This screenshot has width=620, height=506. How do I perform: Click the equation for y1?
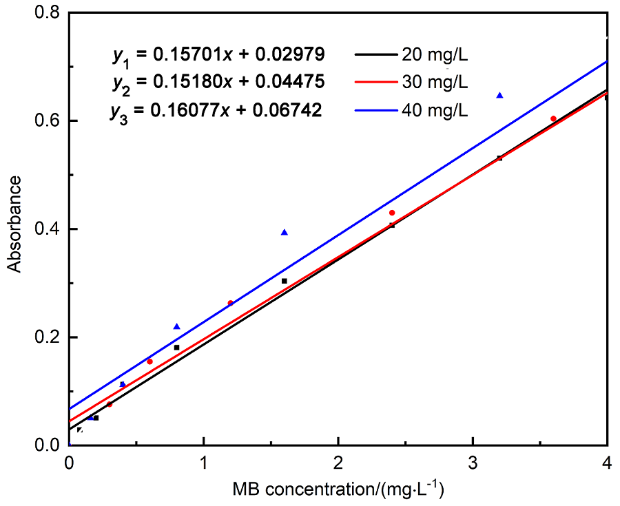218,54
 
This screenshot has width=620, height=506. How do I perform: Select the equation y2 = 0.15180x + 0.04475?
218,82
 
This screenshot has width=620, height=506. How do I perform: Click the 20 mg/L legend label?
435,54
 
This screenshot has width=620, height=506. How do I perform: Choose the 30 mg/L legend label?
435,82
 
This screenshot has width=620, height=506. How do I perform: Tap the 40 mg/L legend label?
435,110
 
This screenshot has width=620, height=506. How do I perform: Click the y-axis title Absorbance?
15,224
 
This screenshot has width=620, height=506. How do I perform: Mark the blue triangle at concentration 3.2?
499,95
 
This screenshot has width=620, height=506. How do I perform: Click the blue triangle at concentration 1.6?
284,232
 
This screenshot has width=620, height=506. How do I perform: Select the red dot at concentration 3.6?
553,119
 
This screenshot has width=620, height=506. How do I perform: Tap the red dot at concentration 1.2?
230,303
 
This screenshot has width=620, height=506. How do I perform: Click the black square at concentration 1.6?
284,281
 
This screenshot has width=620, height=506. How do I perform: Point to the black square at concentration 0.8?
176,348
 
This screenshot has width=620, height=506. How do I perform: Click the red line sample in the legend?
376,82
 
